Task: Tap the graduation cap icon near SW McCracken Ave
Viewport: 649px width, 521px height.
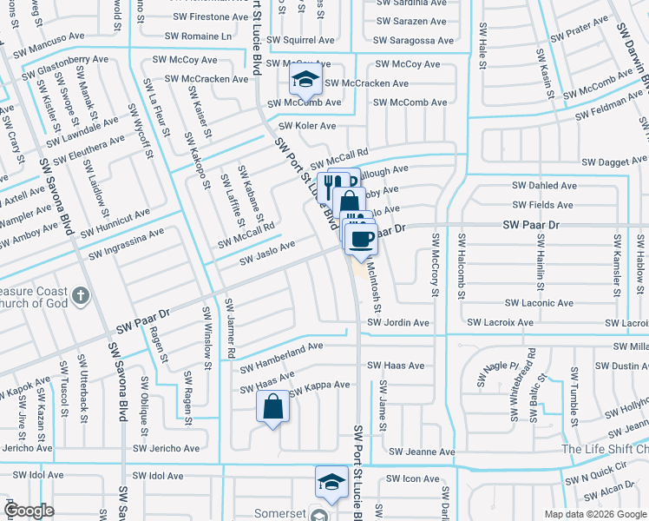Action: (x=305, y=82)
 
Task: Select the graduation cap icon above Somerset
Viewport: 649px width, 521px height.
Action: (x=331, y=482)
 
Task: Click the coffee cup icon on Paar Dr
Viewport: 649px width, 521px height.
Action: (x=361, y=238)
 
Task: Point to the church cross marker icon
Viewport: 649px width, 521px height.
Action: (x=80, y=297)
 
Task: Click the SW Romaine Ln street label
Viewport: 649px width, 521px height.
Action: (x=198, y=37)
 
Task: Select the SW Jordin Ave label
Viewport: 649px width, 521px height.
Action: (x=397, y=322)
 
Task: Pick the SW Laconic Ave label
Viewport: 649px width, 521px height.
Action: (x=541, y=303)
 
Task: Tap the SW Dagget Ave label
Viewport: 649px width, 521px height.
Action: (x=615, y=162)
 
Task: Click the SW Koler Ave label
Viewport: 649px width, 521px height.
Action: (x=303, y=126)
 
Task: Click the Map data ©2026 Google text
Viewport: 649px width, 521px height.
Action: (x=593, y=513)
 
